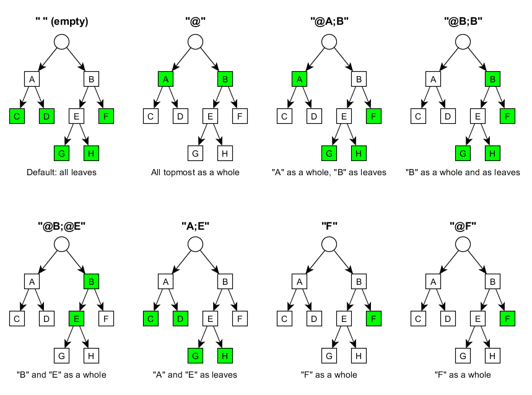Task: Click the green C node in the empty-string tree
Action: pyautogui.click(x=16, y=115)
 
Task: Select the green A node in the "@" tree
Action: pyautogui.click(x=165, y=79)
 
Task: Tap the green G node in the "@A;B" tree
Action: pyautogui.click(x=329, y=152)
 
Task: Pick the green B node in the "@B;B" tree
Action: pyautogui.click(x=492, y=79)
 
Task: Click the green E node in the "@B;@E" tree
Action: pyautogui.click(x=76, y=318)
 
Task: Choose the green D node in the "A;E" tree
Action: pyautogui.click(x=180, y=318)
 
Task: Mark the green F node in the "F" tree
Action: pyautogui.click(x=374, y=318)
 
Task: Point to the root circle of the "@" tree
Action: pyautogui.click(x=195, y=41)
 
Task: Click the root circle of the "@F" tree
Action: pyautogui.click(x=463, y=245)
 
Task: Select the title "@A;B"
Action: pyautogui.click(x=329, y=22)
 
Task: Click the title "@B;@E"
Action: pyautogui.click(x=61, y=225)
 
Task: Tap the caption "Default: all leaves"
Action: pyautogui.click(x=61, y=172)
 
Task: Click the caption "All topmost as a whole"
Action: pyautogui.click(x=195, y=172)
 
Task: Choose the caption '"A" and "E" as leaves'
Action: pyautogui.click(x=195, y=375)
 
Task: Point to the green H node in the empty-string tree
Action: pyautogui.click(x=91, y=152)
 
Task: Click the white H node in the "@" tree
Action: pyautogui.click(x=225, y=152)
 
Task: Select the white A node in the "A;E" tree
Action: pyautogui.click(x=165, y=282)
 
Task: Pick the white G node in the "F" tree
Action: pyautogui.click(x=329, y=355)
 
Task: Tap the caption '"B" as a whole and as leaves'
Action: pyautogui.click(x=463, y=172)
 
